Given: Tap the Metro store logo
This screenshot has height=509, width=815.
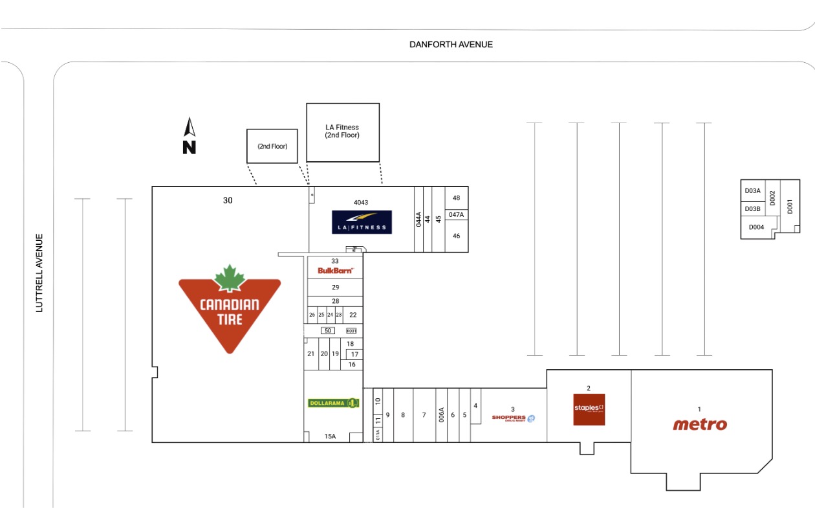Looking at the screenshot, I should coord(700,424).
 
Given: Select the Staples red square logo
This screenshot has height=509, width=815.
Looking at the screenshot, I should coord(589,409).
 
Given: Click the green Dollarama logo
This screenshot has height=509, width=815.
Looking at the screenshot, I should coord(333,403).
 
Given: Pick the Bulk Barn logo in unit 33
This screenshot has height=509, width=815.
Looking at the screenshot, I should coord(335,270).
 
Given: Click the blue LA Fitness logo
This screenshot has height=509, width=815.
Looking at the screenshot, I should coord(362,222).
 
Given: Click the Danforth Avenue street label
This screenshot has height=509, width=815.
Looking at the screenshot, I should coord(451,45).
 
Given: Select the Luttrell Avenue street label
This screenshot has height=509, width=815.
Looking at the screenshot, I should coord(39,273).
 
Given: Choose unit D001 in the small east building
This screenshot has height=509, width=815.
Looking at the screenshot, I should coord(789,206).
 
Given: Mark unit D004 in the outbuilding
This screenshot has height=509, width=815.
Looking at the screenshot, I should coord(756,227).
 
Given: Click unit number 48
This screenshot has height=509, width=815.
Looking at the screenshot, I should coord(456,198).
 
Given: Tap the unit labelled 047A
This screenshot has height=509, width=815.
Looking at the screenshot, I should coord(456,214).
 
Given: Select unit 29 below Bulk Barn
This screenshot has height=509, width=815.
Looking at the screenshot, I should coord(335,287).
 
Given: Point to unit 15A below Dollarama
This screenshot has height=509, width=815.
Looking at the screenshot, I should coord(330,436).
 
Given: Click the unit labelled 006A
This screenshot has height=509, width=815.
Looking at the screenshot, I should coord(442,414).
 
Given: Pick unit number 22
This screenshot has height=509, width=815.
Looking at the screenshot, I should coord(353,315).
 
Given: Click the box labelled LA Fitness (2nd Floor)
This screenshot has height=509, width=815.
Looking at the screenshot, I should coord(342,131).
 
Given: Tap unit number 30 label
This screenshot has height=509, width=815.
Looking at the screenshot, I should coord(228,201).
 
